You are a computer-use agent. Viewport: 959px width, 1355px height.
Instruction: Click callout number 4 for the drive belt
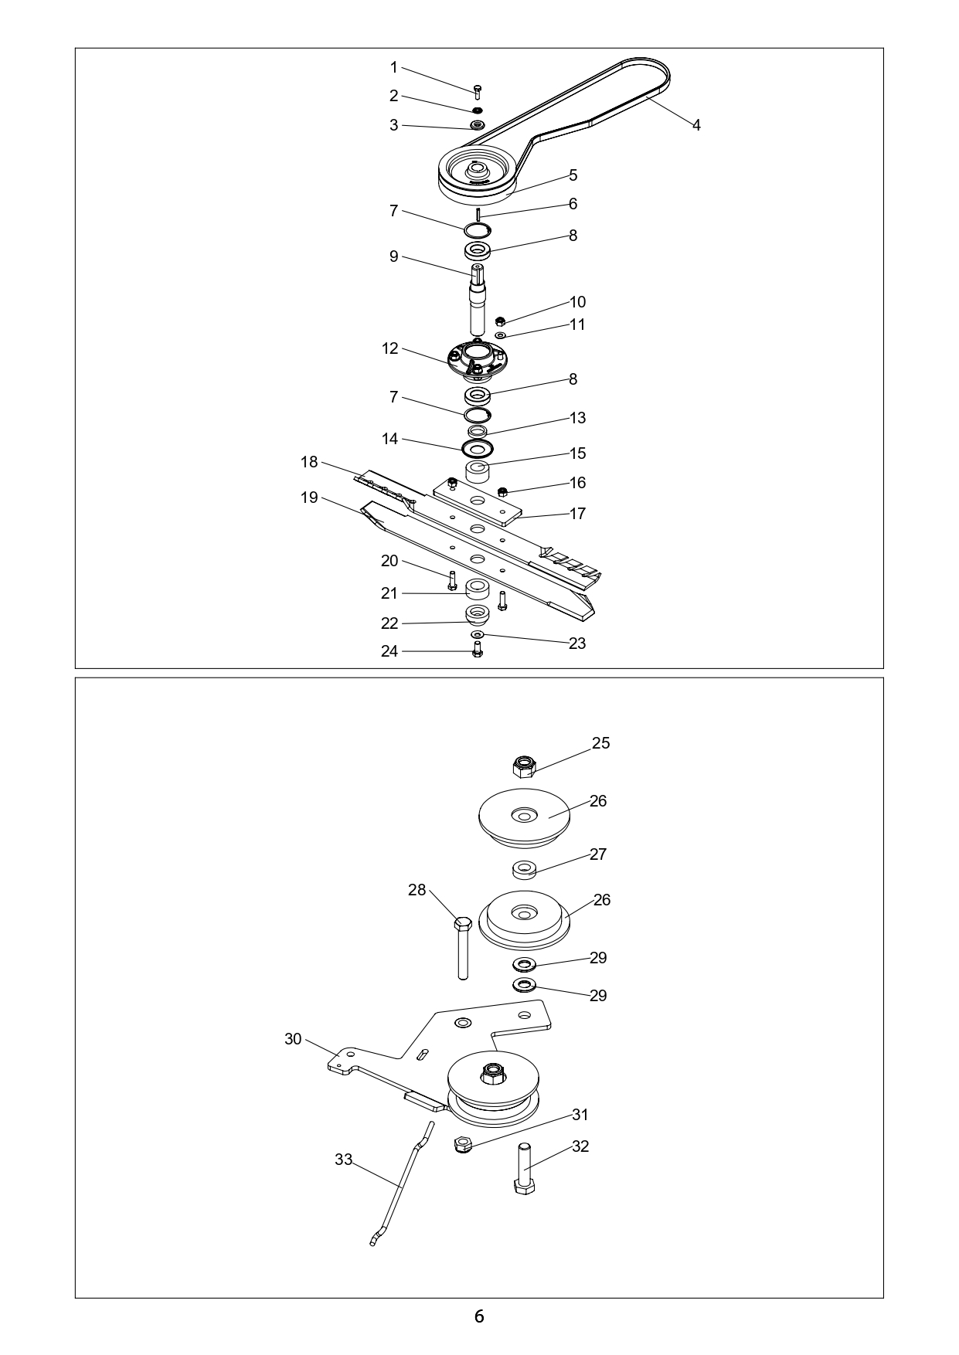click(696, 125)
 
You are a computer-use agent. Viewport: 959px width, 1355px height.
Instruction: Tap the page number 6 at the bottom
click(479, 1316)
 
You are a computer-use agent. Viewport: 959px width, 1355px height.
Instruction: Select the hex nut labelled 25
click(525, 766)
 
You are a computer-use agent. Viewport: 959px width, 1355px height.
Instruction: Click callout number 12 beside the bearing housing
click(390, 348)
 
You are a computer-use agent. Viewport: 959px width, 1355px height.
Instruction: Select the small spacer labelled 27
click(525, 870)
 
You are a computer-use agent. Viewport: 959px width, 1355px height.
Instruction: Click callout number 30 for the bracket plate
click(293, 1039)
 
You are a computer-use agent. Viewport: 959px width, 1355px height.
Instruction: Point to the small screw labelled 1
click(478, 92)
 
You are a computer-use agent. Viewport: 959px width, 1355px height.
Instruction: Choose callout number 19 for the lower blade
click(309, 498)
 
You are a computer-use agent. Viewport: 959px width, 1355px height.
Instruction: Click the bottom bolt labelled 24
click(477, 650)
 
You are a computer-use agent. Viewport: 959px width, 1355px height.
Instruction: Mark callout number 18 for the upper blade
click(309, 462)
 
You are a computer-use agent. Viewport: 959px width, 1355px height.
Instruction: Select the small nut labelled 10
click(500, 321)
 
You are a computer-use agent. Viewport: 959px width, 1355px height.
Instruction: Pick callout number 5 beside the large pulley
click(573, 175)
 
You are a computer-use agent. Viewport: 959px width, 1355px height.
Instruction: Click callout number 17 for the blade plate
click(577, 514)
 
